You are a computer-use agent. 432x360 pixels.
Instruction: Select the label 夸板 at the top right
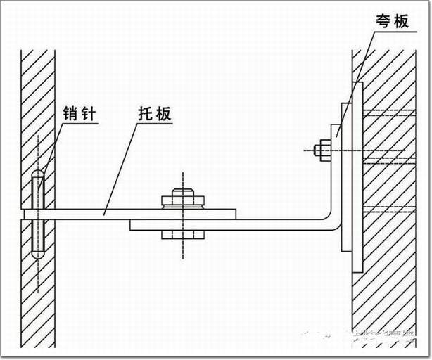tap(393, 22)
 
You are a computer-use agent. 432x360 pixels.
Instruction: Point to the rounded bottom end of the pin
tap(39, 249)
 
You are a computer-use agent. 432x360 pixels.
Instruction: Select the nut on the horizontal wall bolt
tap(324, 150)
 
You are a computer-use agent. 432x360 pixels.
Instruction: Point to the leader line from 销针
tap(53, 148)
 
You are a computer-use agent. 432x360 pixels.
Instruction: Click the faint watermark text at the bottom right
tap(380, 336)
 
